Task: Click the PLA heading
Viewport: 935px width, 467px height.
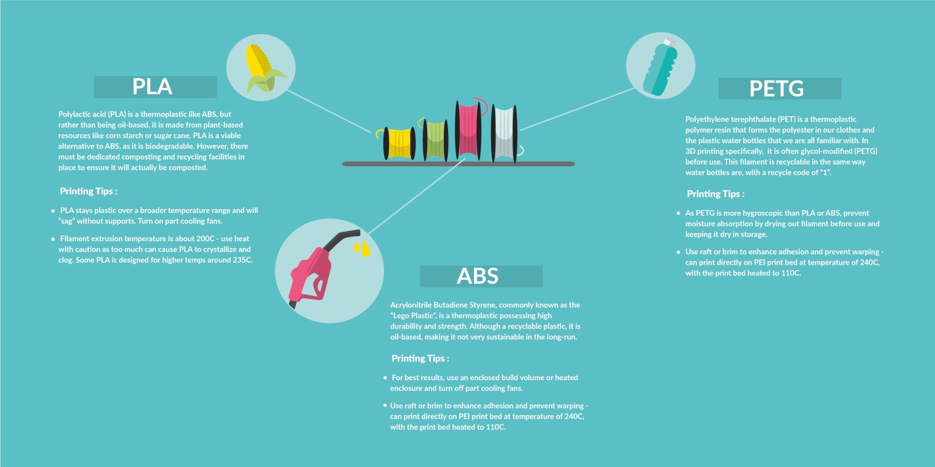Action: (152, 86)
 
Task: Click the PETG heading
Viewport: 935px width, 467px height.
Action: (777, 89)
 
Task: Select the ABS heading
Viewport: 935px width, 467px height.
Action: (478, 276)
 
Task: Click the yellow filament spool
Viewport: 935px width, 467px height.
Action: (399, 143)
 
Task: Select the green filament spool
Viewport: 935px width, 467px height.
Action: (435, 140)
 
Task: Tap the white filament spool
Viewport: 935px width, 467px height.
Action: (505, 134)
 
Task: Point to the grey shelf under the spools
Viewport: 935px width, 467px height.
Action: (458, 164)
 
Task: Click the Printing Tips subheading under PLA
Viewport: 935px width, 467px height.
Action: (89, 191)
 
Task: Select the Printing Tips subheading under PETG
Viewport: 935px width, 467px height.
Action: (715, 194)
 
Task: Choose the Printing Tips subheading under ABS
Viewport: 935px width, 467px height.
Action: (420, 359)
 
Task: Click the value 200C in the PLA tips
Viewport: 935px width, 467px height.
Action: (205, 239)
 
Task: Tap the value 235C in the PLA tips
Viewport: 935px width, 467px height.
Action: (242, 260)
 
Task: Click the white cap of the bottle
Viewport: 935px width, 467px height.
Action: (670, 42)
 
